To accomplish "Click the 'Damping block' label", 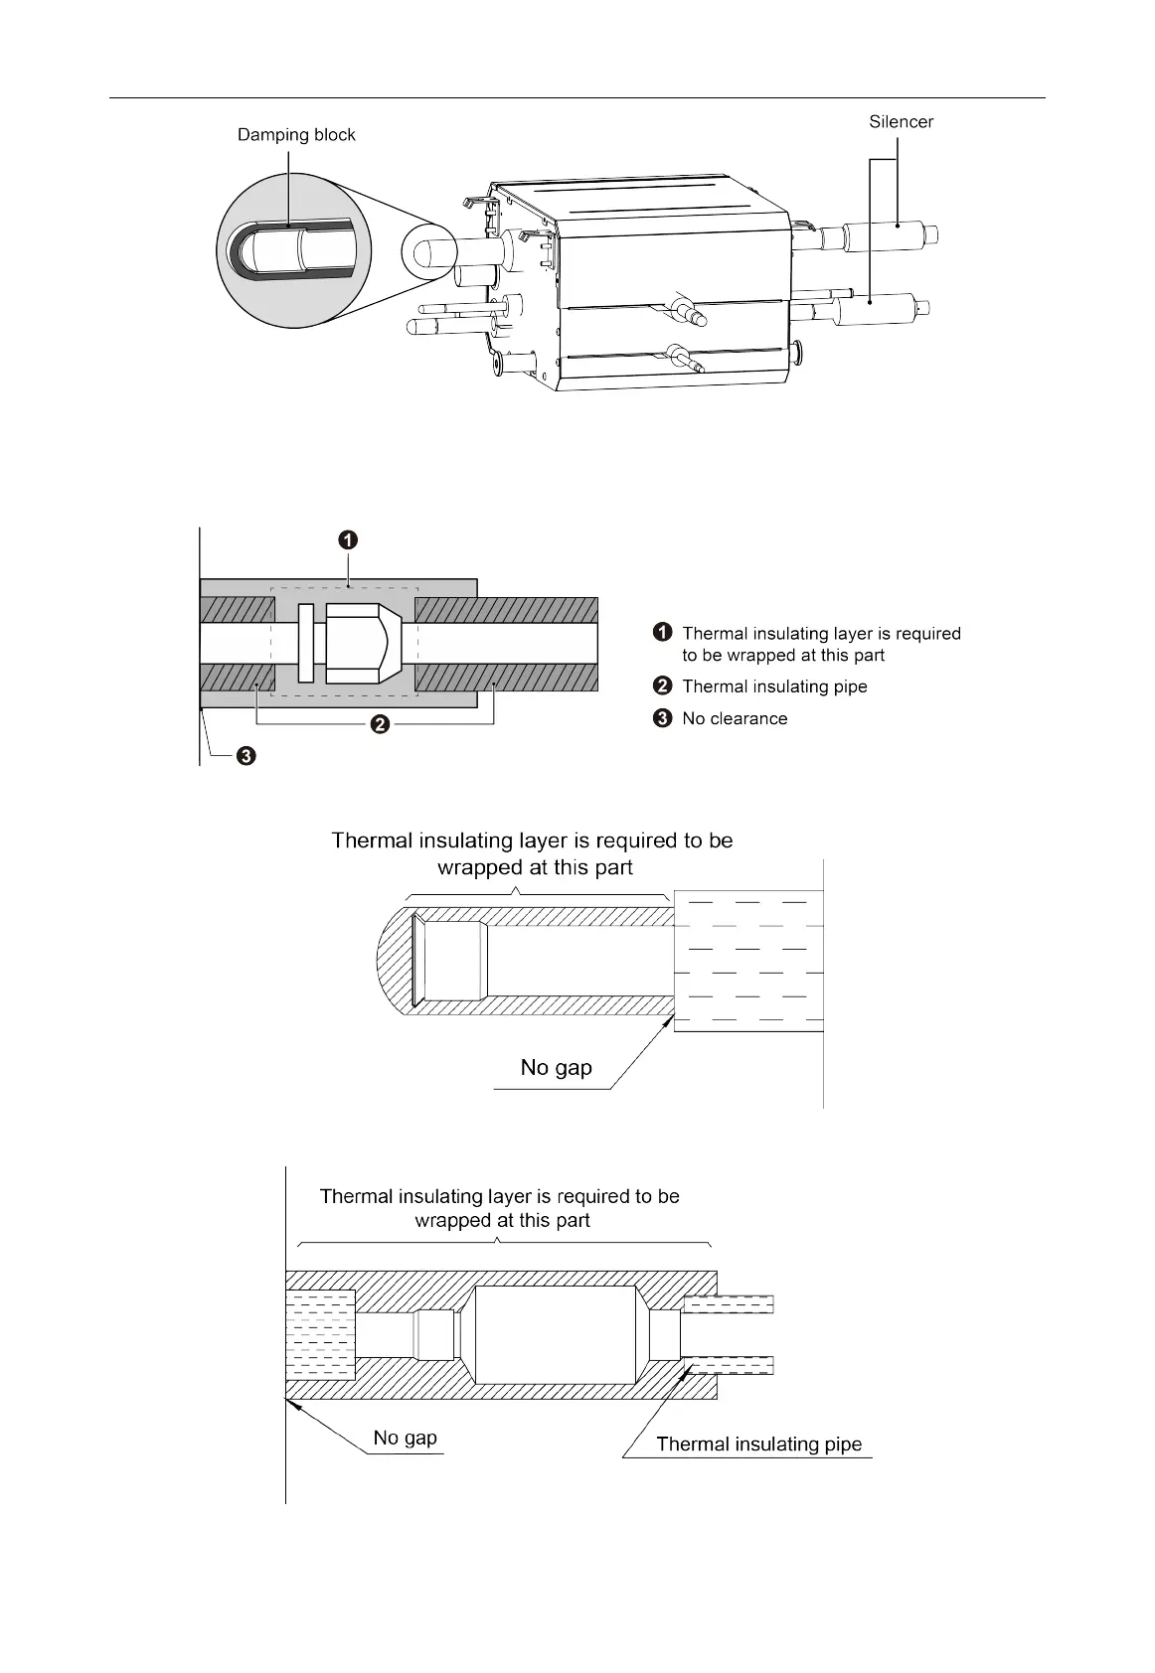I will coord(296,135).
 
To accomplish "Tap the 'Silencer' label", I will coord(901,122).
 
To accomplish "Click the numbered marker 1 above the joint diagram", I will coord(347,540).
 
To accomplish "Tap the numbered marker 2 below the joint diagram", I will coord(379,724).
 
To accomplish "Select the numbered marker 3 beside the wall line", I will coord(246,757).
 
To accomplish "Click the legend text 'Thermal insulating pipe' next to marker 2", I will coord(774,686).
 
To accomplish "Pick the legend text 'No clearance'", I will coord(735,718).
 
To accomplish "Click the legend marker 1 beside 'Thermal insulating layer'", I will coord(662,633).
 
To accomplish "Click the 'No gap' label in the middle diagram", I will coord(556,1068).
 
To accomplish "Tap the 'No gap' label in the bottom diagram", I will coord(405,1438).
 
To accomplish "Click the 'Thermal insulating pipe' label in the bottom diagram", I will coord(758,1445).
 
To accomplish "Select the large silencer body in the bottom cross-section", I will coord(555,1334).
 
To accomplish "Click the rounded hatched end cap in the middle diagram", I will coord(395,960).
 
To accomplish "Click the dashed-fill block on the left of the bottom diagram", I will coord(320,1334).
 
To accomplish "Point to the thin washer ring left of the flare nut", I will coord(306,643).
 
